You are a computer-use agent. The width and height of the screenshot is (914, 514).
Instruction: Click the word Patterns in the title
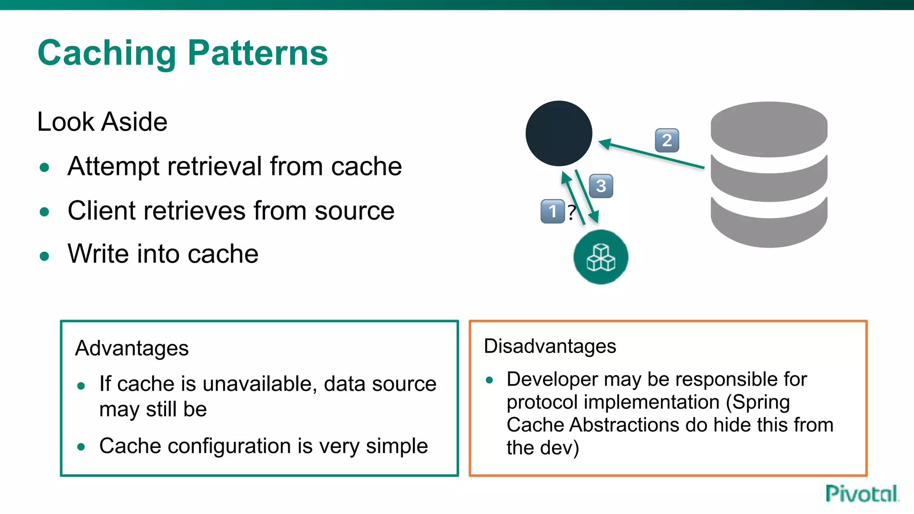(x=258, y=53)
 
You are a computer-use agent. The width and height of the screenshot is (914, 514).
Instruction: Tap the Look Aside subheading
(x=102, y=122)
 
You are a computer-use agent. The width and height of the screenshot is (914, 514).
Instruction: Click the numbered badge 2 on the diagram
(x=667, y=141)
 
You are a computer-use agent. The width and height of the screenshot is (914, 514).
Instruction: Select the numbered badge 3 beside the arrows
(x=601, y=186)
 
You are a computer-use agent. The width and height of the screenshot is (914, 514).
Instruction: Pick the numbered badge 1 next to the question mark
(x=552, y=211)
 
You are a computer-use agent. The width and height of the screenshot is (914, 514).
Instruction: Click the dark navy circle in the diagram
(x=559, y=133)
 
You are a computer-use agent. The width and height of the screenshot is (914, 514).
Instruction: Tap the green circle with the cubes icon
(x=601, y=257)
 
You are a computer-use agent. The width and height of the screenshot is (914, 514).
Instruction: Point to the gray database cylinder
(x=769, y=174)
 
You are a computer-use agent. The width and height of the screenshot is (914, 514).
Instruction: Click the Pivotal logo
(x=861, y=494)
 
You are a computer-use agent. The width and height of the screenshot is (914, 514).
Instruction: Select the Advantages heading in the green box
(x=132, y=348)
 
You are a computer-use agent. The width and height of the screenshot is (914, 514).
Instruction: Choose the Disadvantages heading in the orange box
(x=550, y=346)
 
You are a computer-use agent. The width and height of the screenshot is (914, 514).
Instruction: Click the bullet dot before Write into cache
(x=44, y=256)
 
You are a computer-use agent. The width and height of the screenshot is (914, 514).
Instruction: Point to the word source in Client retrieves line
(x=354, y=211)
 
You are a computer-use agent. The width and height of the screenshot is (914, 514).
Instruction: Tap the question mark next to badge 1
(x=571, y=212)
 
